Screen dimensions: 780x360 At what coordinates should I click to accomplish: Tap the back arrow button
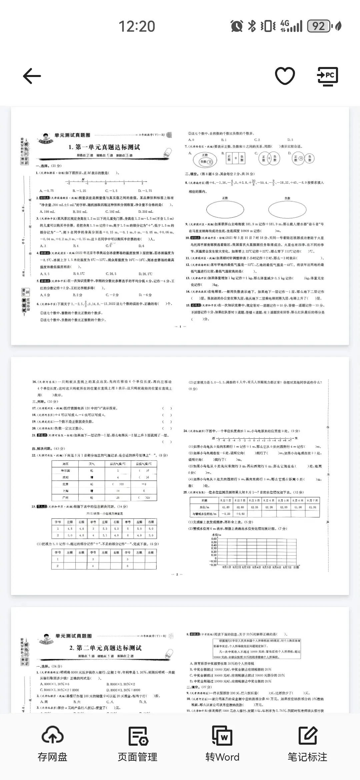pos(32,76)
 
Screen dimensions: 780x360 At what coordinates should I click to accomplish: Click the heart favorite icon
pos(285,76)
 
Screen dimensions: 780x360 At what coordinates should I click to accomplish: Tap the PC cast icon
pos(327,76)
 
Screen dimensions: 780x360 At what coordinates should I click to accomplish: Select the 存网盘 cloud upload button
pos(52,744)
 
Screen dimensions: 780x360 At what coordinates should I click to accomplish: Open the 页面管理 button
pos(138,744)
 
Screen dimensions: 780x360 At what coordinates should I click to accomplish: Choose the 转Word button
pos(222,744)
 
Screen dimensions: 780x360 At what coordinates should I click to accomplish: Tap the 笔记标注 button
pos(307,744)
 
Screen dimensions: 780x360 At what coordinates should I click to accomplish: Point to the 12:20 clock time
pos(137,26)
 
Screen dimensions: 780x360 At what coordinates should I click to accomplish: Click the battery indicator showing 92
pos(319,26)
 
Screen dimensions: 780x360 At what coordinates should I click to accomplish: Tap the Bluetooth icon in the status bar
pos(252,26)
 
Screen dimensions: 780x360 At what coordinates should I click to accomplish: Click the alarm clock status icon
pos(237,26)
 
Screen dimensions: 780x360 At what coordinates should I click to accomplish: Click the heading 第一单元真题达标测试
pos(104,147)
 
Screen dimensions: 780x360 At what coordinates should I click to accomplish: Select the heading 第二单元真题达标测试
pos(105,648)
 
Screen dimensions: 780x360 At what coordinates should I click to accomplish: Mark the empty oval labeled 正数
pos(225,209)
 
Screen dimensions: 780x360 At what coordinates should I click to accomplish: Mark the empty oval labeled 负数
pos(287,209)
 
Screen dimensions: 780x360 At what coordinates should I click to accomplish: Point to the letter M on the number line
pos(83,180)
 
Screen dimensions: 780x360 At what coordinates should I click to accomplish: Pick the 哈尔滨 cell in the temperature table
pos(65,470)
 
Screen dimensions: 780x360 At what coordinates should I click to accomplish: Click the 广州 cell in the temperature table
pos(65,497)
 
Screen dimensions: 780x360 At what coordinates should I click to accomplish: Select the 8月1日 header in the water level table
pos(225,500)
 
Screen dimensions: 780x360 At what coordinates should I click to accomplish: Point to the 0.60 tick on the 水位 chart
pos(214,539)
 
